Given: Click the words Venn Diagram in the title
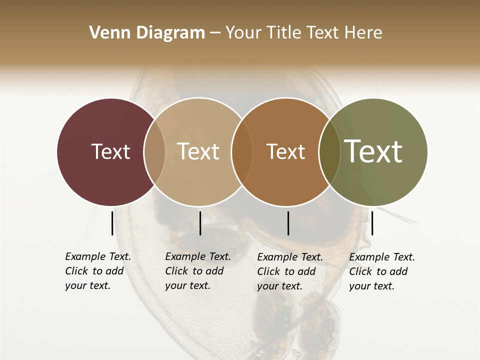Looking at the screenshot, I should [x=147, y=33].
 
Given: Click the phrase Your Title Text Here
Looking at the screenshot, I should [x=303, y=33].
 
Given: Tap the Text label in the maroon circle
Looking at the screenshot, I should [x=110, y=151].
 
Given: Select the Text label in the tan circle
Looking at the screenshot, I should [x=198, y=151].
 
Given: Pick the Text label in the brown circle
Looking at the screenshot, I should [x=285, y=151].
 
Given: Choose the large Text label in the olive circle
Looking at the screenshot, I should [x=373, y=151].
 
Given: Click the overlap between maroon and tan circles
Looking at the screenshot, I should [x=154, y=151].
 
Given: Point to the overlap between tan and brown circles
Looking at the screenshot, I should [x=242, y=151].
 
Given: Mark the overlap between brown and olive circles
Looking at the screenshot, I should [x=329, y=151].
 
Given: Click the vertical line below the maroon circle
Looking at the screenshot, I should [x=112, y=223].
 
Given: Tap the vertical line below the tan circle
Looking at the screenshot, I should [x=200, y=223].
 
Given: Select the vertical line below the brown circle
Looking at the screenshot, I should [x=288, y=223].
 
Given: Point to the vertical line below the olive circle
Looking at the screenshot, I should [x=372, y=223].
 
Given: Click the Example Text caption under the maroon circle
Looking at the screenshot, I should [x=98, y=256].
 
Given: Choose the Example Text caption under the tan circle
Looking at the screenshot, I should [x=198, y=256].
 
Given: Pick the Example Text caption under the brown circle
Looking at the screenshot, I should [x=290, y=257].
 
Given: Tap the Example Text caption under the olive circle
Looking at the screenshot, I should [x=382, y=257].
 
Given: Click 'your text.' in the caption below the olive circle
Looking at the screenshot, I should [x=371, y=286].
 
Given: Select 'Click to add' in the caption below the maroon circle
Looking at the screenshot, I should [x=94, y=271].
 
